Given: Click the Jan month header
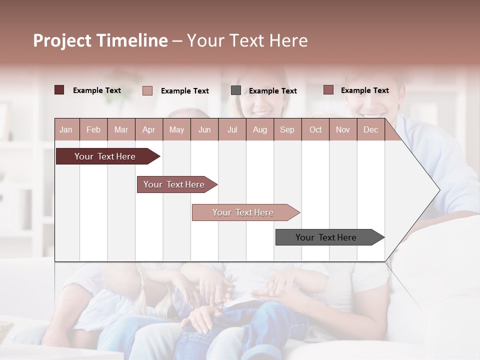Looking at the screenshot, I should click(66, 130).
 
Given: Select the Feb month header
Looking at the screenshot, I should click(93, 130).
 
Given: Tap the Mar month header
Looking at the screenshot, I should click(121, 130).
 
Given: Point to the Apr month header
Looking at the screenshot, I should click(148, 130).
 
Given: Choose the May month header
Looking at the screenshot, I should click(176, 130).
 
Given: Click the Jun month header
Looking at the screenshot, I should click(204, 130).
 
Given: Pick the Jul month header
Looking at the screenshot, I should click(232, 130).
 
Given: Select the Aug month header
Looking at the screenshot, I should click(259, 130).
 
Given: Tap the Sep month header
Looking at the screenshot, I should click(287, 130).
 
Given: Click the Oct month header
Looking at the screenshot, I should click(315, 130).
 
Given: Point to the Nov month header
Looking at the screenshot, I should click(343, 130).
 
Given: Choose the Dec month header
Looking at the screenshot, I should click(370, 130).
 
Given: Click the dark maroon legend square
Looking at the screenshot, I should click(59, 90).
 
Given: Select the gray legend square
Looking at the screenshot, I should click(236, 90).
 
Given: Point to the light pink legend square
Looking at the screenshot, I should click(147, 90).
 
